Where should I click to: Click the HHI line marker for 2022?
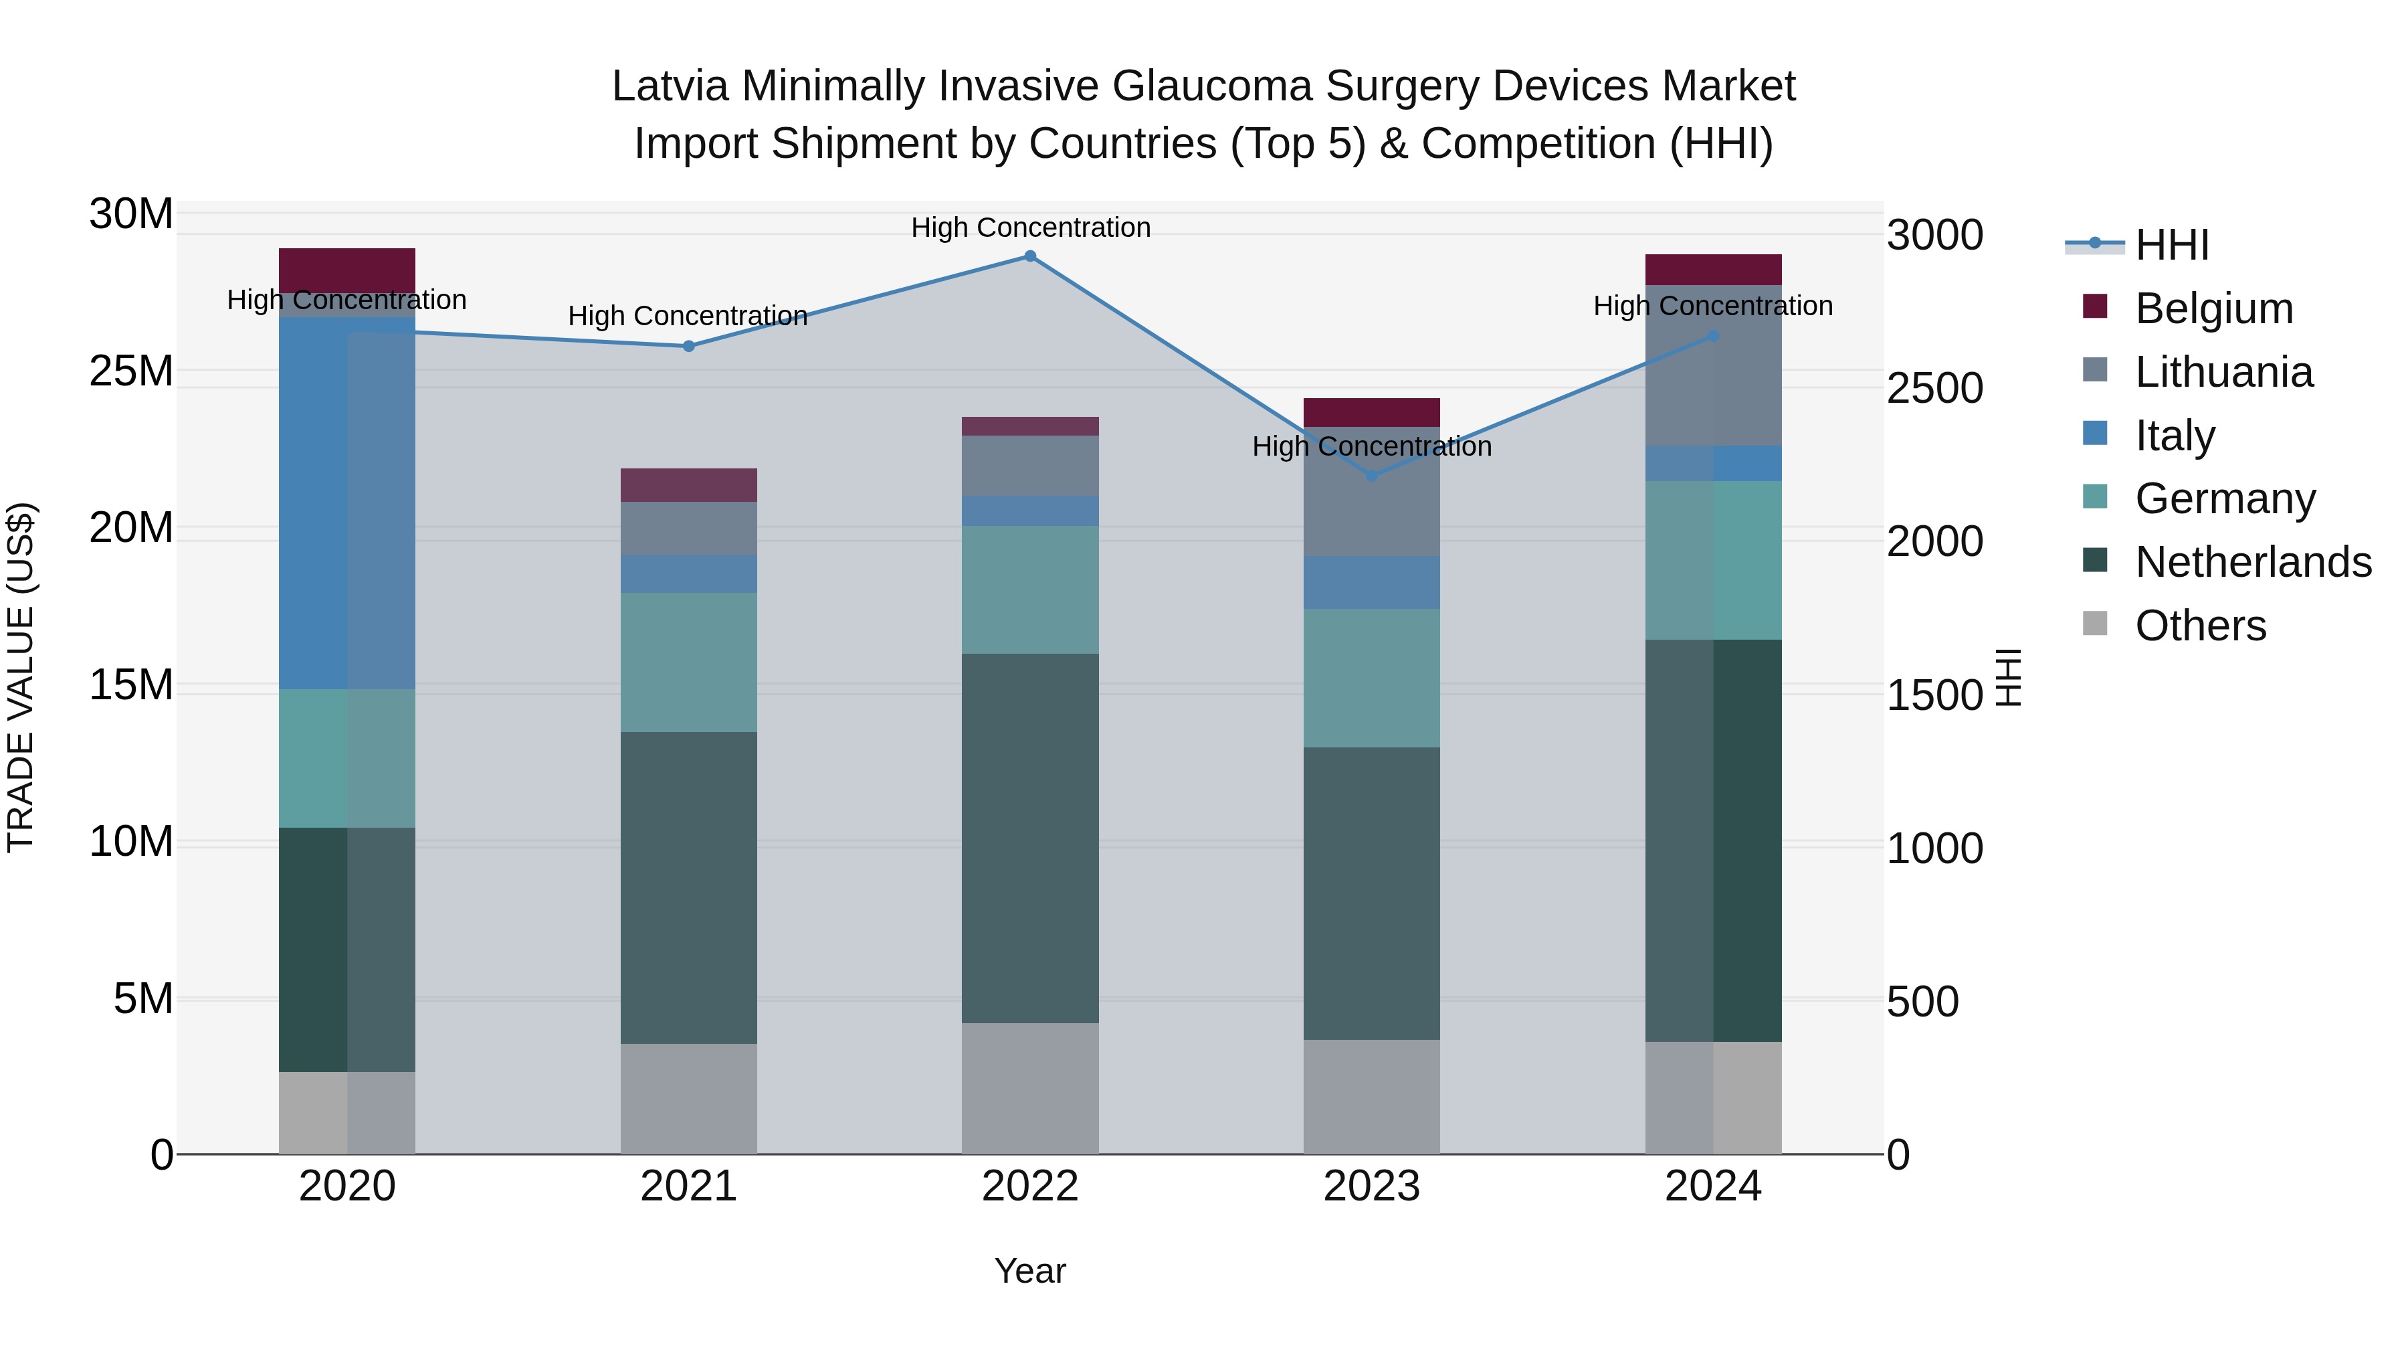pos(1030,256)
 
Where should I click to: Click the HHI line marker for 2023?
pos(1371,476)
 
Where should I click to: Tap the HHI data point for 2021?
pos(689,346)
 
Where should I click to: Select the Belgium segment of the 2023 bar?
pos(1371,412)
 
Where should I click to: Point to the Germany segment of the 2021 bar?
pos(689,662)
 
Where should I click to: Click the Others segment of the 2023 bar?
pos(1371,1096)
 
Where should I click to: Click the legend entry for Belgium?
pos(2213,308)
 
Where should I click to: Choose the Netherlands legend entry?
pos(2253,562)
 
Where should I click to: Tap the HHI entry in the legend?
pos(2171,245)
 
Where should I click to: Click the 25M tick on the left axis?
pos(131,371)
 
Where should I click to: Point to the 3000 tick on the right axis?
pos(1934,235)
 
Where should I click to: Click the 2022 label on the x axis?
pos(1030,1186)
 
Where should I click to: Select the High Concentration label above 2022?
pos(1030,228)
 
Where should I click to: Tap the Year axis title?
pos(1030,1271)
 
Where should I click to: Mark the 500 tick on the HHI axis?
pos(1922,1002)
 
